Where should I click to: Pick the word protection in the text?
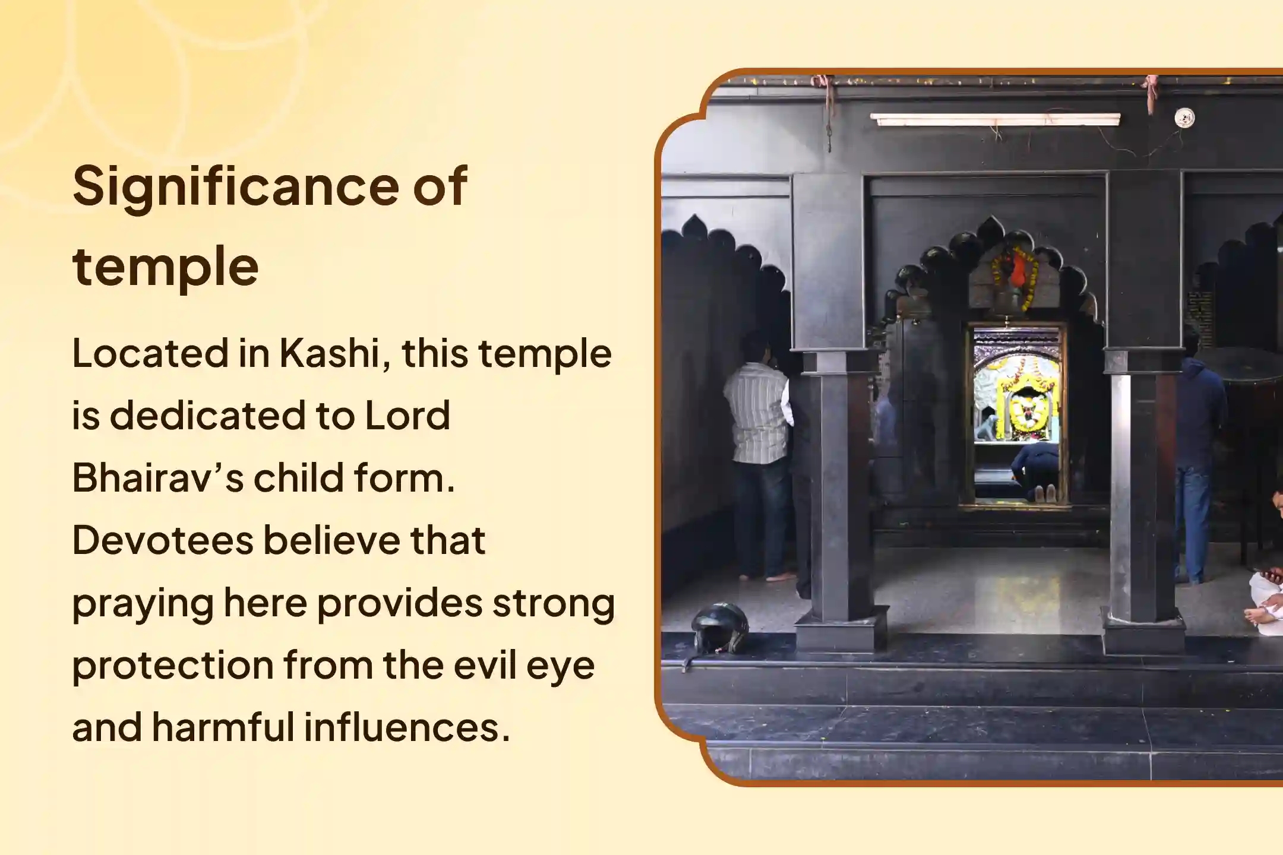pyautogui.click(x=172, y=665)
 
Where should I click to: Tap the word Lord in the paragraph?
pyautogui.click(x=407, y=415)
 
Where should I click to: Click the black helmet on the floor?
pyautogui.click(x=719, y=628)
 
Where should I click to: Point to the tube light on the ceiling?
pyautogui.click(x=995, y=119)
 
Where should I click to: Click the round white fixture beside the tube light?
pyautogui.click(x=1184, y=118)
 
